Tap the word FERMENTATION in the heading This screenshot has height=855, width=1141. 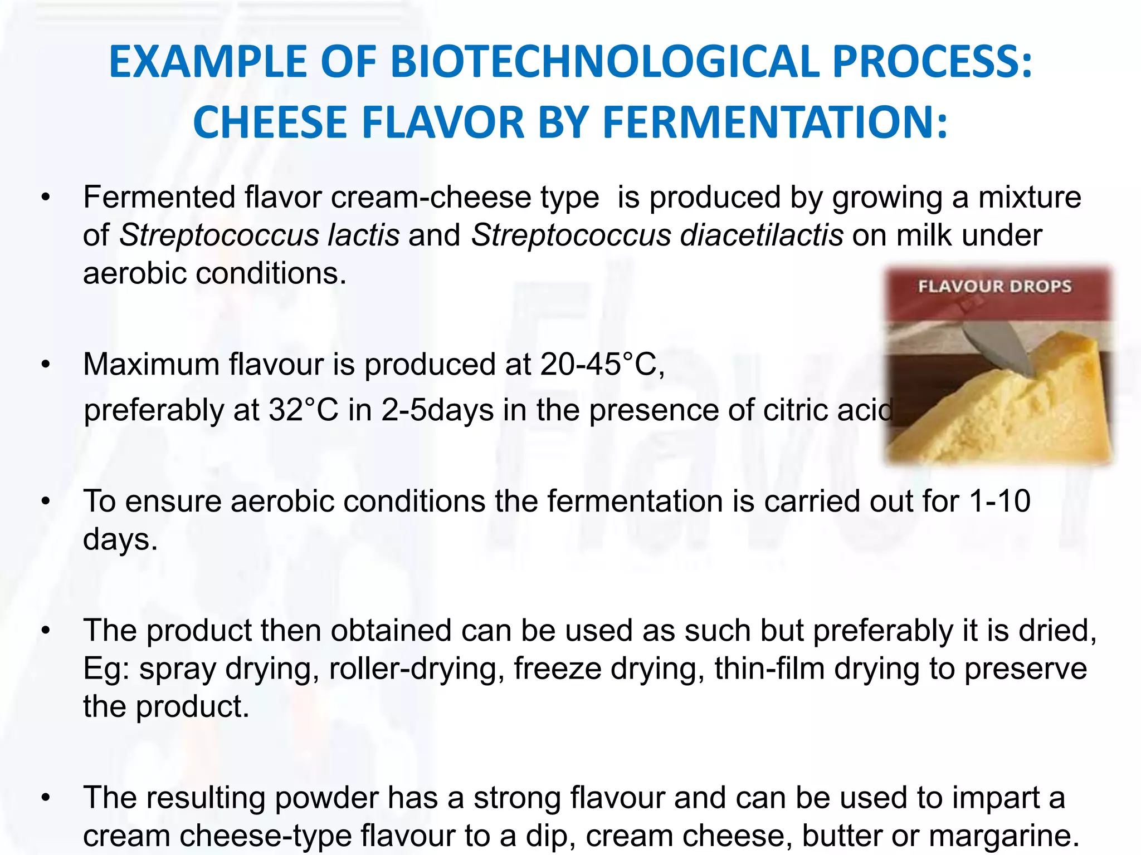point(775,122)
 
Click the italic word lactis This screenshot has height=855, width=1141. point(363,235)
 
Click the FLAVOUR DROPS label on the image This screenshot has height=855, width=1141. point(994,287)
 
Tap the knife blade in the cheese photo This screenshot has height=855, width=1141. point(997,348)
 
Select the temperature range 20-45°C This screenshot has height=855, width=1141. point(602,365)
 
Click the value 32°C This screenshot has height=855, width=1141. point(304,410)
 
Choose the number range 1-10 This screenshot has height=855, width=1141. point(999,501)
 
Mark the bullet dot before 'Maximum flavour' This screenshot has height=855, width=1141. point(46,365)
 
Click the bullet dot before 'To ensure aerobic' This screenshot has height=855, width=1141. point(46,502)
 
